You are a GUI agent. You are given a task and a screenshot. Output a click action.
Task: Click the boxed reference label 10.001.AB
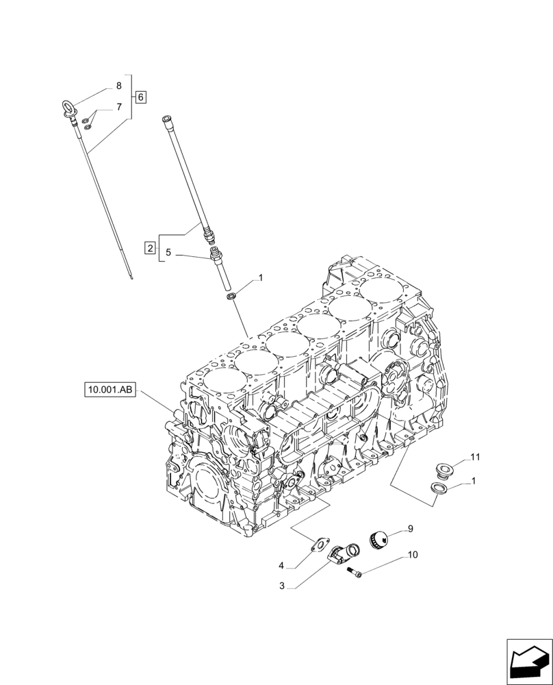[x=110, y=390]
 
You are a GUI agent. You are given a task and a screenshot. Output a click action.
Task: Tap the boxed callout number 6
[x=140, y=97]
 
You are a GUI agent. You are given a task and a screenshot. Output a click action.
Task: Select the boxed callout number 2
[x=149, y=247]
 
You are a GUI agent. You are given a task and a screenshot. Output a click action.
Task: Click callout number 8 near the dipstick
[x=118, y=86]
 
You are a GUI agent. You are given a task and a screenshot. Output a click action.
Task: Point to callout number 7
[x=118, y=107]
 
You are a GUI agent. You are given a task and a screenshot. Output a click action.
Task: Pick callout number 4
[x=281, y=565]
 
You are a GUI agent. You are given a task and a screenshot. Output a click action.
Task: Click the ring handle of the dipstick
[x=68, y=107]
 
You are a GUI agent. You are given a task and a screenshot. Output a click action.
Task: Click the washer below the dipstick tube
[x=233, y=295]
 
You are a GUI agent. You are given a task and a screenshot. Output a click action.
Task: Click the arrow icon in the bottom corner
[x=529, y=661]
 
